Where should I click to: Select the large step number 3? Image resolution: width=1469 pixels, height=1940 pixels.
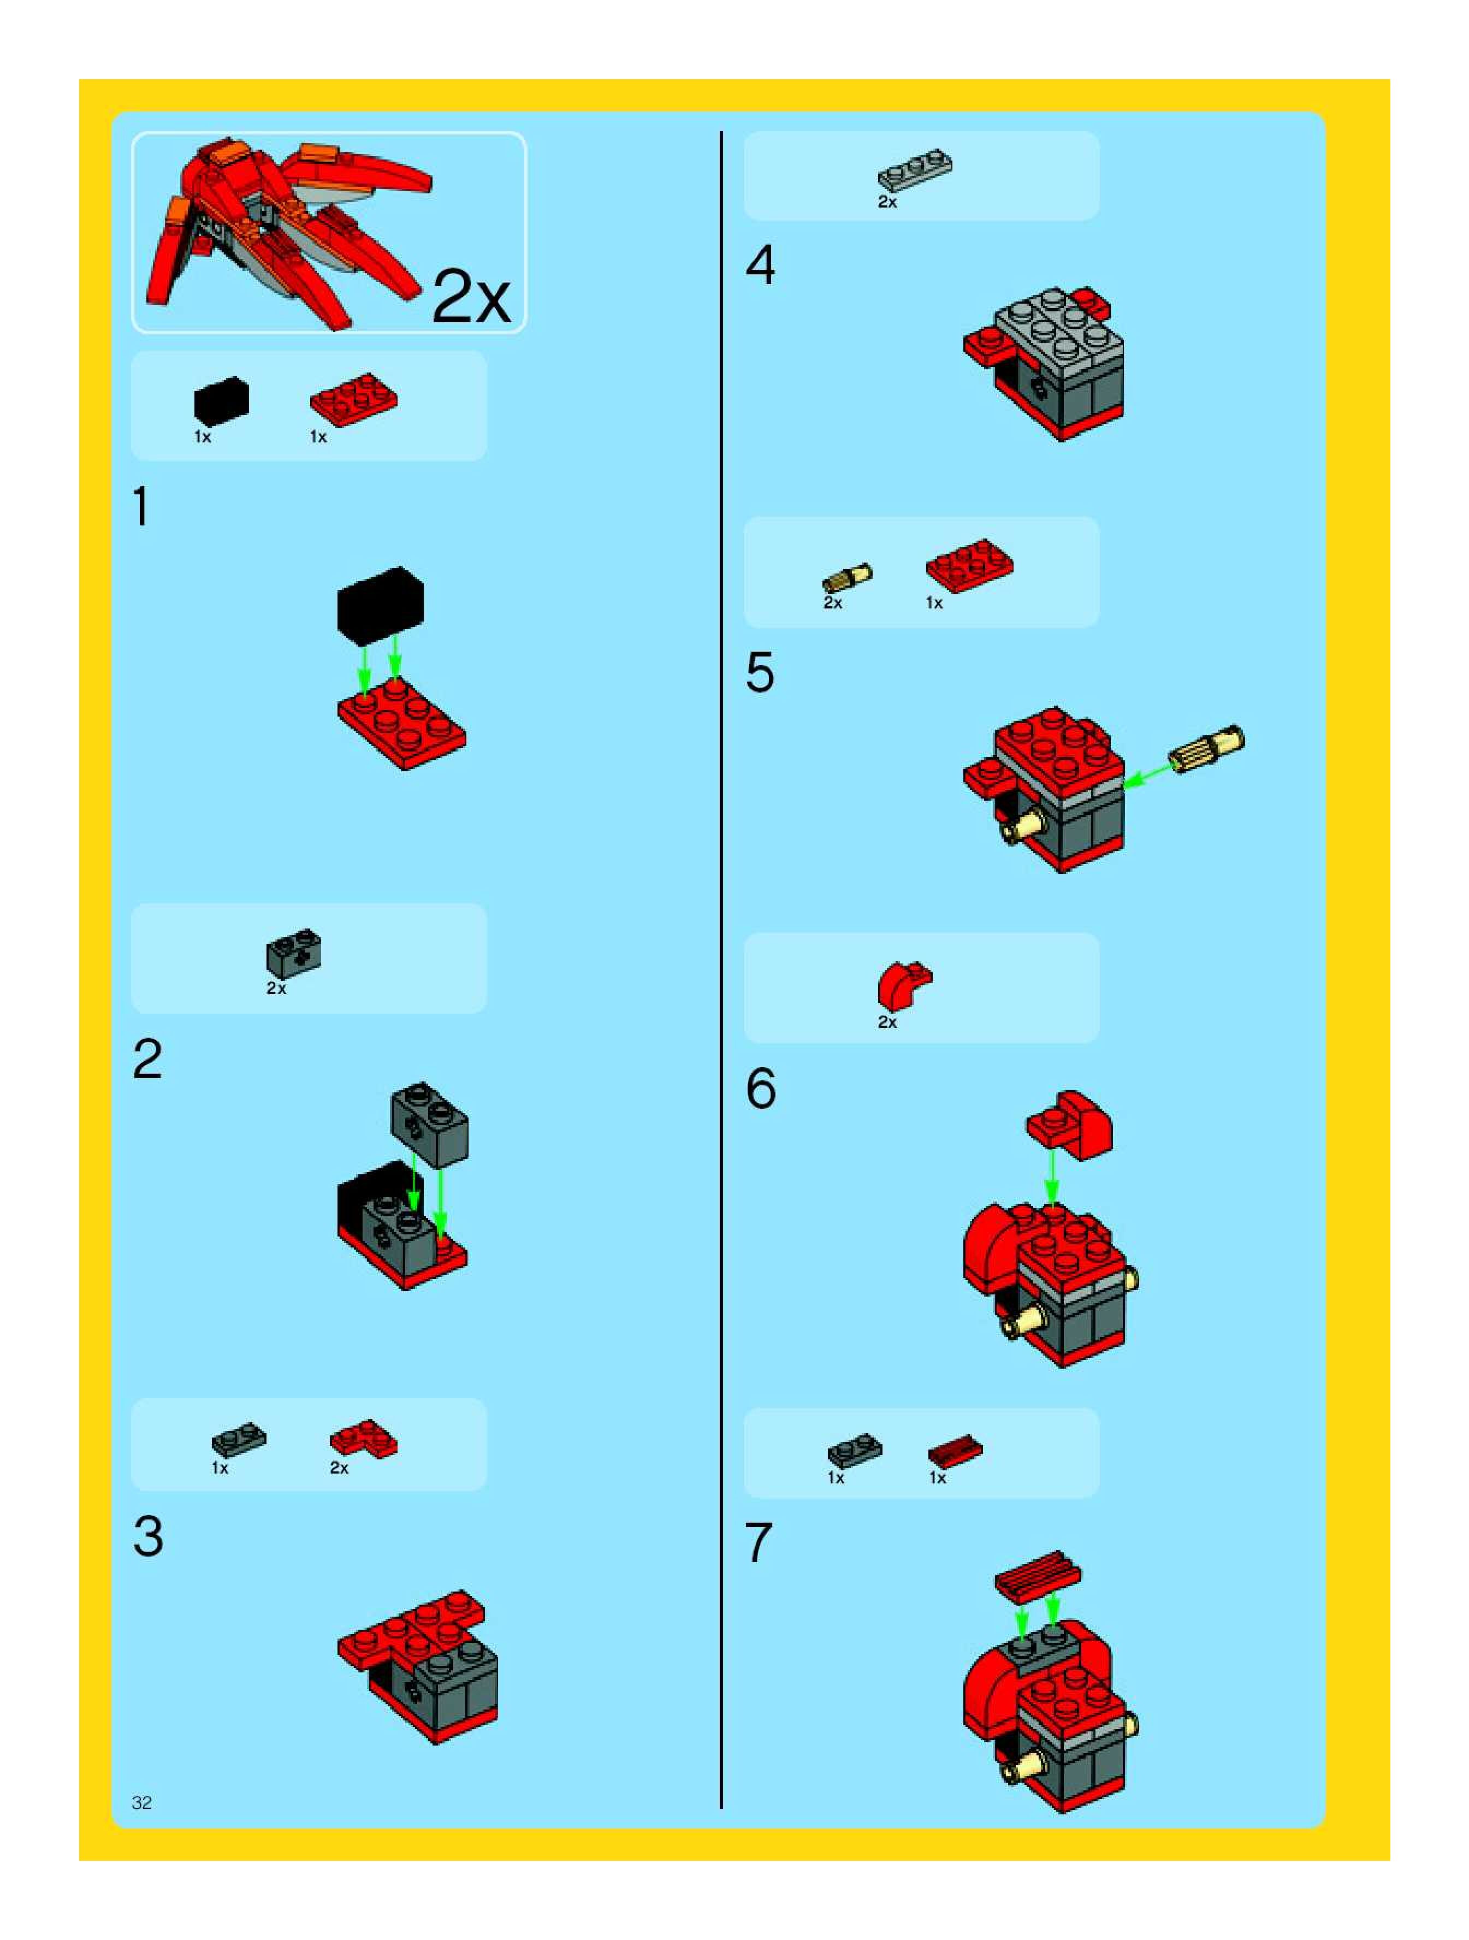click(148, 1536)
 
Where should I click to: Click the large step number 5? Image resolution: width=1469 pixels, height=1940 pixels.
click(760, 673)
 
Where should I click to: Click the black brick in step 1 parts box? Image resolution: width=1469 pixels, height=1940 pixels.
click(221, 401)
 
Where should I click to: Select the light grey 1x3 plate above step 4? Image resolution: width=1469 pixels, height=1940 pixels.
click(915, 171)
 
